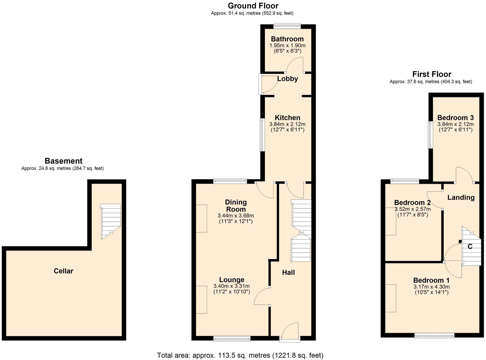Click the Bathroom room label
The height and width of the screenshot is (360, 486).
point(287,39)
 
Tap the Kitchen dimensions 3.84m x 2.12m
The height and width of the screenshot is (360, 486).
point(287,124)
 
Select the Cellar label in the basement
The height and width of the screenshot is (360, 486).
point(63,271)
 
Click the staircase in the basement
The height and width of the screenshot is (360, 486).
point(111,221)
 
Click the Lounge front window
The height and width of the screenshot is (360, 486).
point(232,338)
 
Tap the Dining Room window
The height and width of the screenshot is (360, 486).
point(230,181)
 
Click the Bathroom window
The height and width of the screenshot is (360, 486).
point(287,26)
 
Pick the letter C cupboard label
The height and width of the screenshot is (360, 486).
point(470,247)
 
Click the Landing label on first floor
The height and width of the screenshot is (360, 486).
point(461,198)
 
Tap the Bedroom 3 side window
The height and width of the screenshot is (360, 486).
point(430,135)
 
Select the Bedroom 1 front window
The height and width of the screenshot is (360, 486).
point(434,336)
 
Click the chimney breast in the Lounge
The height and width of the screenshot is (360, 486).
point(201,300)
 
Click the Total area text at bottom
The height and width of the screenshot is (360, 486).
point(240,355)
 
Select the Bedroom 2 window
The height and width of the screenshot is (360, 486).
point(405,181)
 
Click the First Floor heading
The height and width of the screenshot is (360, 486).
point(432,74)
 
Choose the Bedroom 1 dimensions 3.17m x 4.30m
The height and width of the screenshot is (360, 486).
point(432,287)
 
